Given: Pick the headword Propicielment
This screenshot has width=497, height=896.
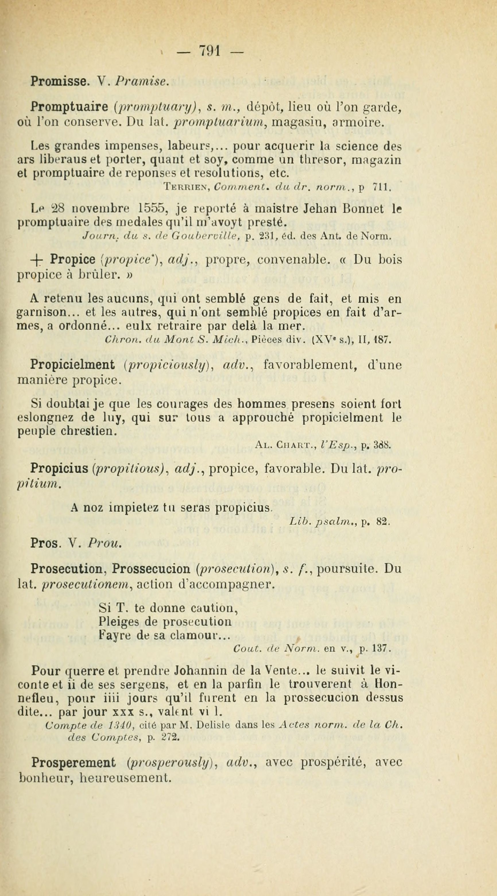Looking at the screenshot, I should pyautogui.click(x=73, y=365).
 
